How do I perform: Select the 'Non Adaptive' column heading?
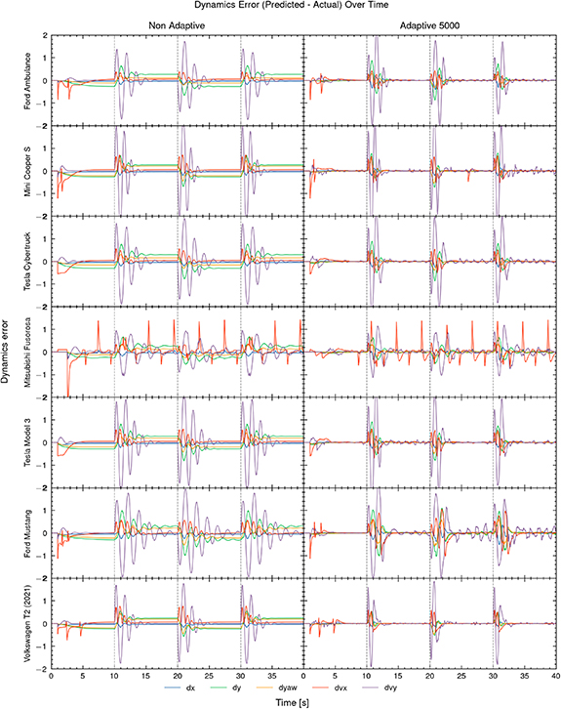click(176, 27)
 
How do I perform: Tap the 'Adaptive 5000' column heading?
click(429, 27)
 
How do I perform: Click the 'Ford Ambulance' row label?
click(36, 81)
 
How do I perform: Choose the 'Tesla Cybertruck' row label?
click(36, 262)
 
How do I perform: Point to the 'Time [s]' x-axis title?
click(302, 702)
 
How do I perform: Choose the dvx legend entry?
click(388, 688)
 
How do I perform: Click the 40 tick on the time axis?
click(555, 676)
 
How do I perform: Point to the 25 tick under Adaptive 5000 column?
click(461, 676)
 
